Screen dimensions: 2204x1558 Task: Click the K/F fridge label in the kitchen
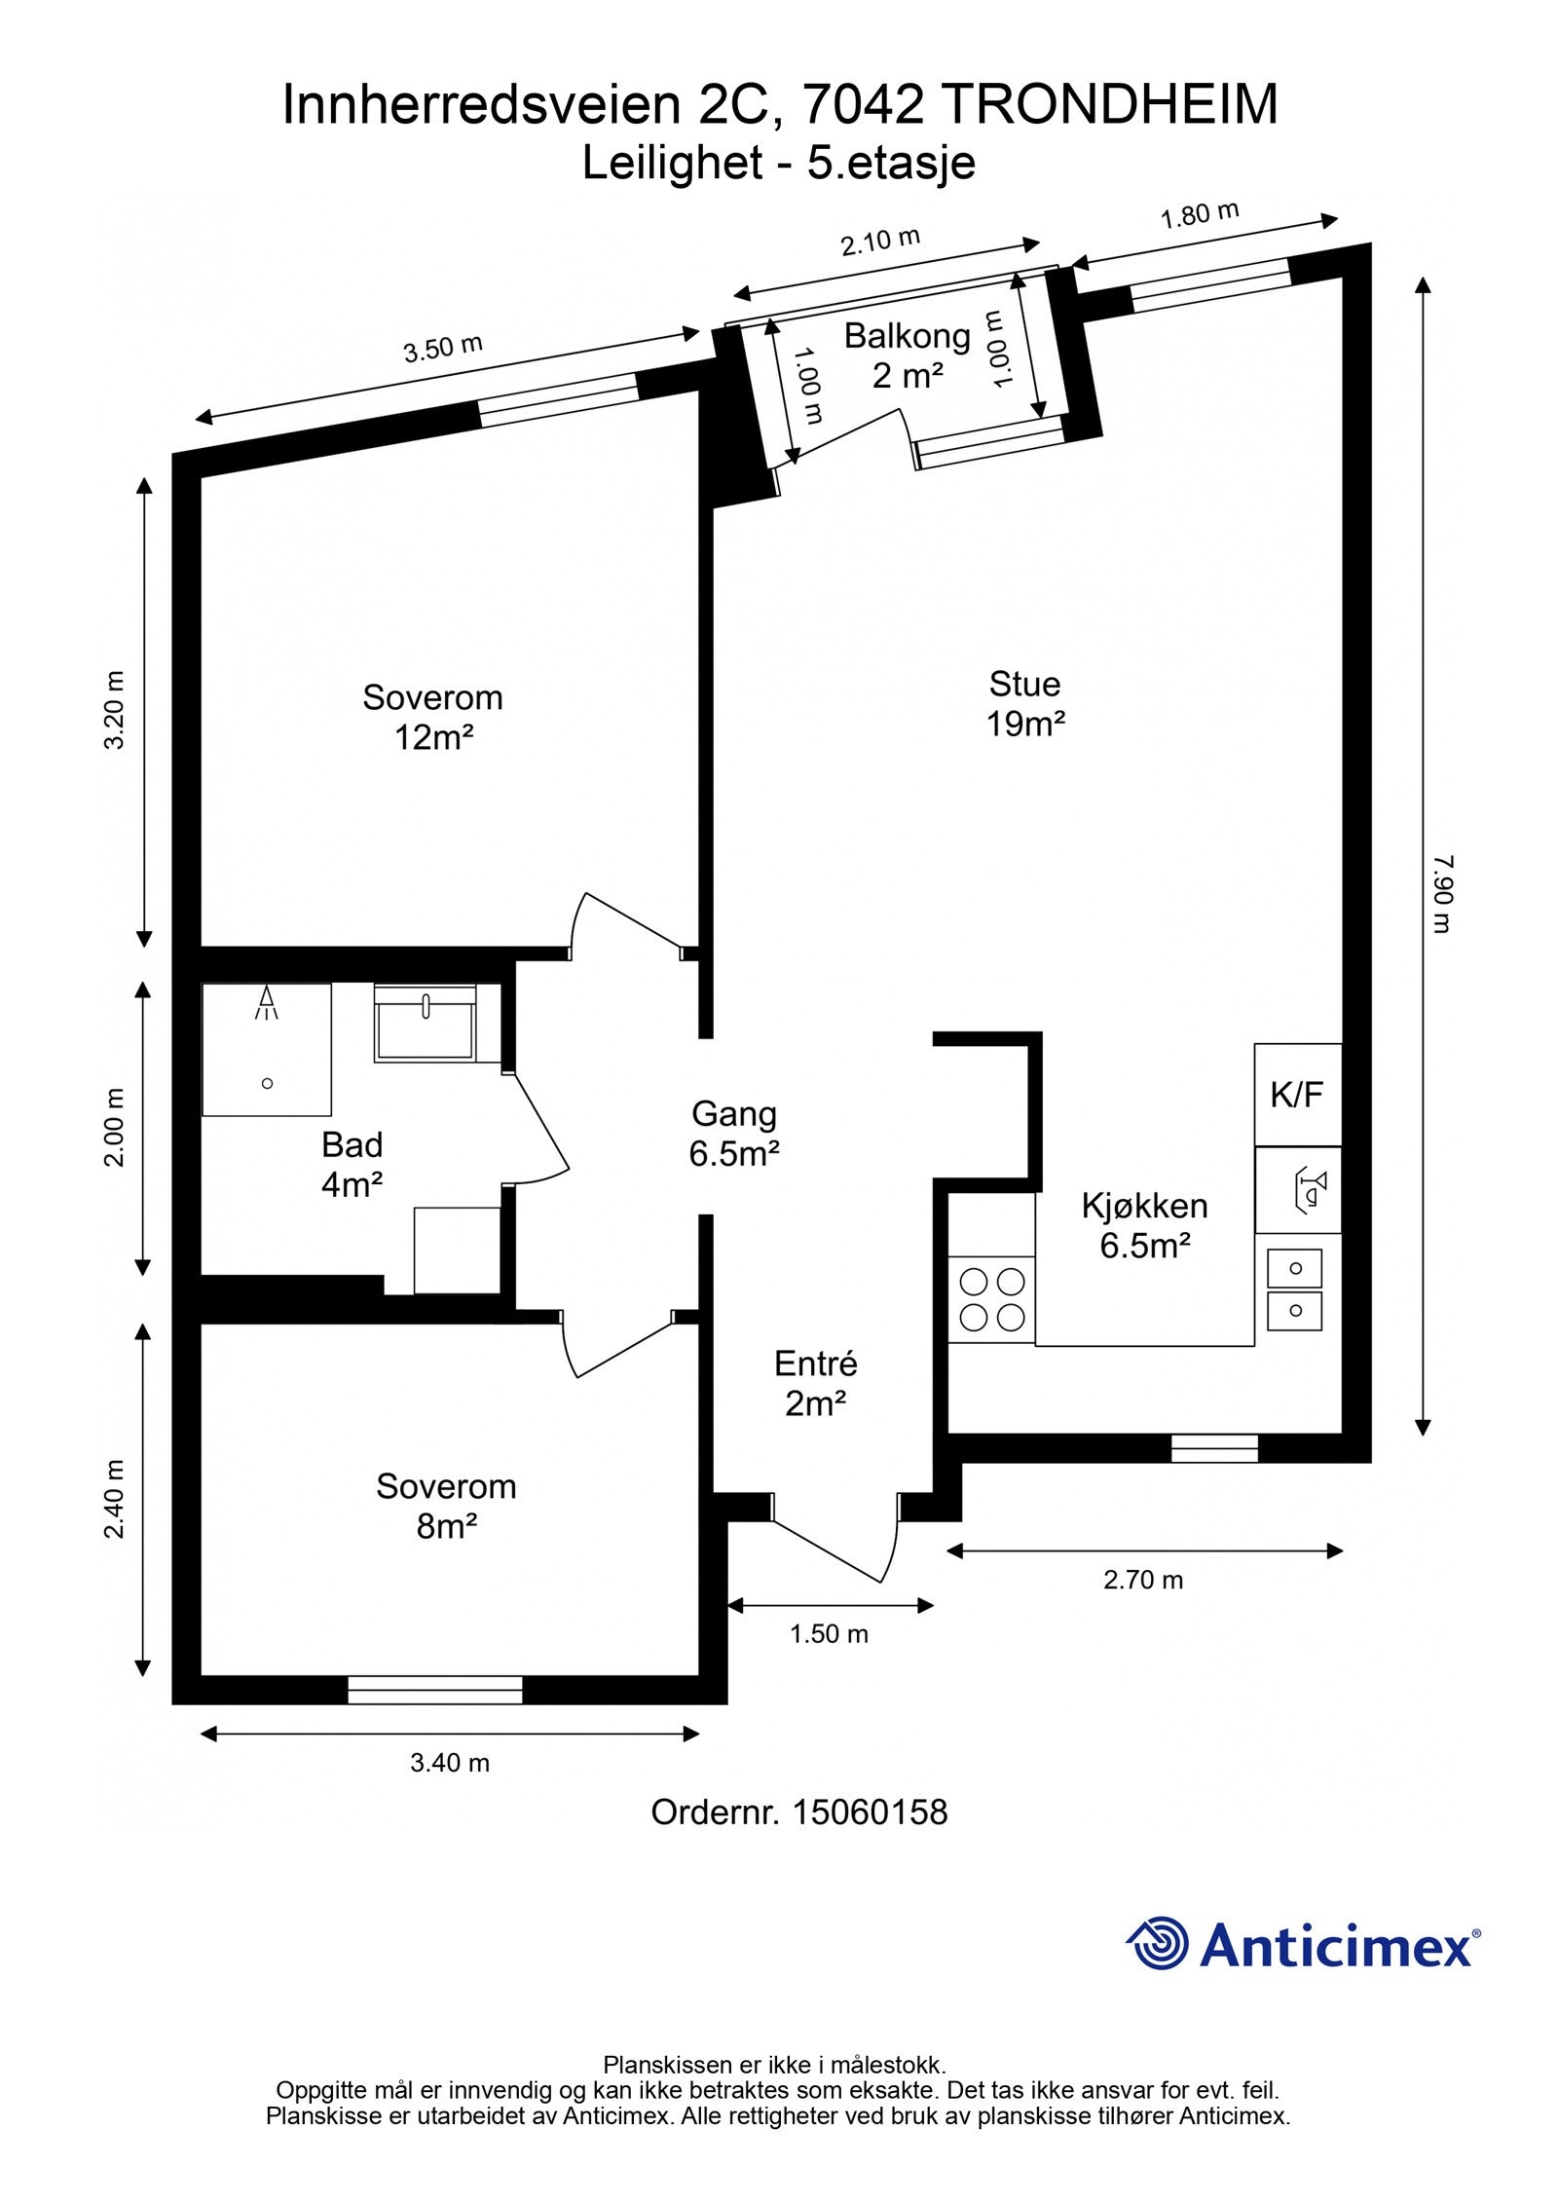(x=1296, y=1095)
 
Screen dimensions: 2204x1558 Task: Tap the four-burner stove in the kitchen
(x=991, y=1298)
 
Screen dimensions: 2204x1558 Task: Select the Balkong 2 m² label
(x=907, y=355)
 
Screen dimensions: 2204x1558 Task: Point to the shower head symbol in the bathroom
(x=267, y=1002)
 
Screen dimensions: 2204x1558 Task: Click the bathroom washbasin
(x=426, y=1023)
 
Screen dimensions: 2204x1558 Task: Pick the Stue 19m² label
(x=1024, y=703)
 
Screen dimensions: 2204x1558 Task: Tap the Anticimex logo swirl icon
(x=1158, y=1943)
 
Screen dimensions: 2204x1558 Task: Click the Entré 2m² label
(x=815, y=1383)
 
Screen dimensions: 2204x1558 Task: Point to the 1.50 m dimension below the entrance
(x=829, y=1633)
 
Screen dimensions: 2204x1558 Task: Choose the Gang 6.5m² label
(x=734, y=1133)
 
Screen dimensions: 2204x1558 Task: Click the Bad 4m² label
(x=352, y=1164)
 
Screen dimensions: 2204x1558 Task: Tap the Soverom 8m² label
(x=446, y=1506)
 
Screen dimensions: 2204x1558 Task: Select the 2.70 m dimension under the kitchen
(x=1142, y=1579)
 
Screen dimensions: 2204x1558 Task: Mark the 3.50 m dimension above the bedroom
(x=443, y=348)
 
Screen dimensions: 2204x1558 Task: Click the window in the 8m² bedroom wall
(x=435, y=1689)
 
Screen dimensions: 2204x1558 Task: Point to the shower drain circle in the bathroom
(x=268, y=1083)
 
